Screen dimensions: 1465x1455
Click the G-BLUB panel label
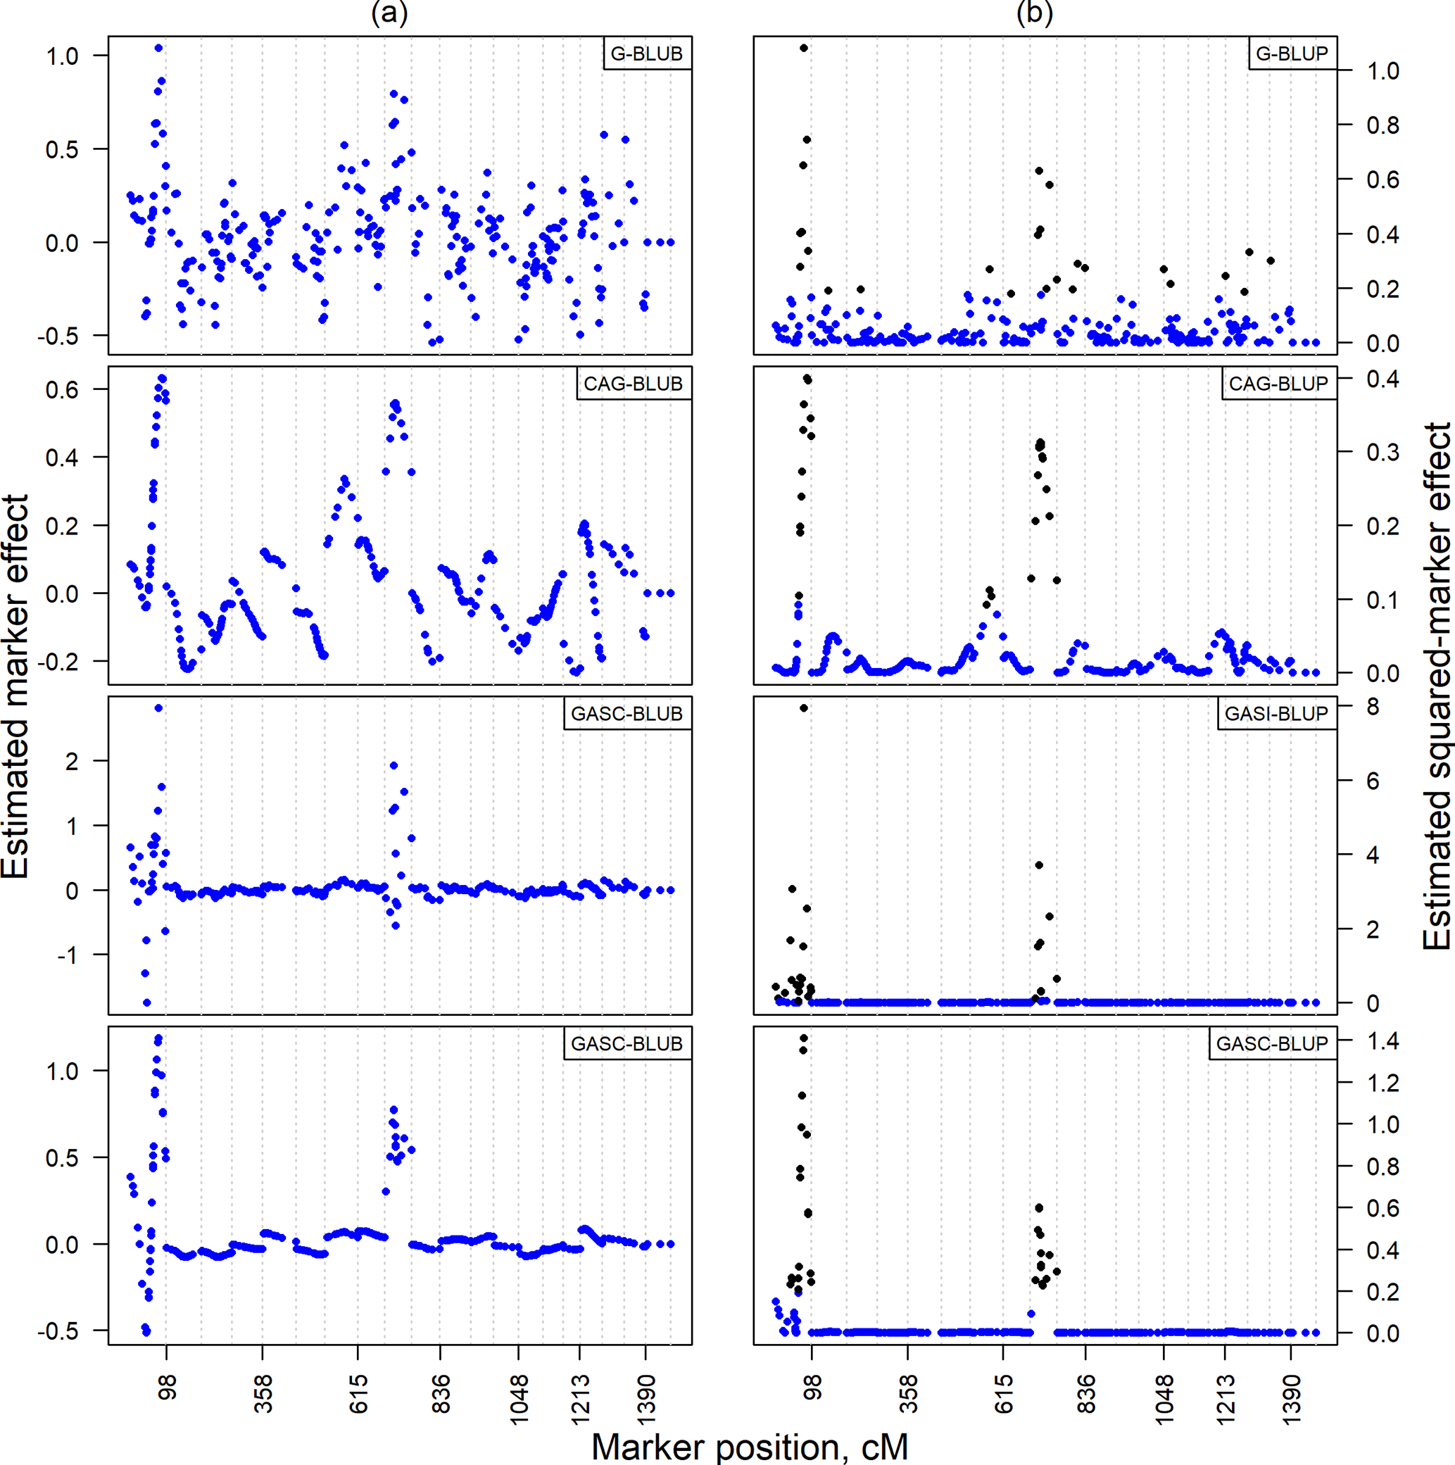point(646,54)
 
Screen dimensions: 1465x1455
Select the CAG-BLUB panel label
point(632,384)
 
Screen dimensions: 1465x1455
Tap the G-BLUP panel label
point(1292,54)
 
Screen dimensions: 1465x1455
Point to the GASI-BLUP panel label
point(1276,714)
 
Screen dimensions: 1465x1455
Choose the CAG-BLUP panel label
point(1278,384)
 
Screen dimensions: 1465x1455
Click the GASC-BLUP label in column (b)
point(1271,1043)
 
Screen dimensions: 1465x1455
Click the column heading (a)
point(389,13)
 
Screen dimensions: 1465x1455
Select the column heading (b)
point(1034,13)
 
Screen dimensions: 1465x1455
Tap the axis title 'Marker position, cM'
point(749,1447)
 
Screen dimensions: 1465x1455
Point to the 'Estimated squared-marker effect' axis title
point(1435,686)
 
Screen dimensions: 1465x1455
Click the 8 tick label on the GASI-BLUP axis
point(1373,707)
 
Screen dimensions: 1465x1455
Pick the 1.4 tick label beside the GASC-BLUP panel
point(1382,1041)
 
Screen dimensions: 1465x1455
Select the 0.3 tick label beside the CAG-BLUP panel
point(1382,452)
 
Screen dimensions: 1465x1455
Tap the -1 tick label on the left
point(67,955)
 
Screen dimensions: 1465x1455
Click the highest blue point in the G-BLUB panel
point(158,48)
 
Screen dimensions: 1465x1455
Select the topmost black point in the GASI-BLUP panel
point(804,708)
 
